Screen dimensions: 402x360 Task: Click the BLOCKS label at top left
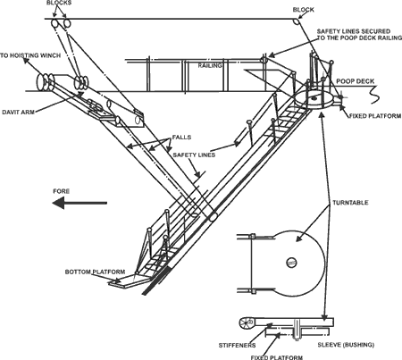[x=59, y=3]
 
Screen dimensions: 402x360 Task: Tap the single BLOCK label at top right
[x=303, y=10]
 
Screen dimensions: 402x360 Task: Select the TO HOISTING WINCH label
[x=30, y=55]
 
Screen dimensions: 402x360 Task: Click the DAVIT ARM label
[x=19, y=113]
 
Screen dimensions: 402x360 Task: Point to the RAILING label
[x=210, y=65]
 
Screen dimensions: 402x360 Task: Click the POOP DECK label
[x=356, y=81]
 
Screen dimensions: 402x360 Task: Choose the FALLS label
[x=181, y=138]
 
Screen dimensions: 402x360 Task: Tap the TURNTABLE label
[x=350, y=203]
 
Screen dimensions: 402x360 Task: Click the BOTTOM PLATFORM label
[x=95, y=272]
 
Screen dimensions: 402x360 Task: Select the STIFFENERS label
[x=237, y=345]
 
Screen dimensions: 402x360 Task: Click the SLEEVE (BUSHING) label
[x=346, y=345]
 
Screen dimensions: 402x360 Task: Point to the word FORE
[x=62, y=191]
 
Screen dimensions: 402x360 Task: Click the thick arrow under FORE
[x=80, y=204]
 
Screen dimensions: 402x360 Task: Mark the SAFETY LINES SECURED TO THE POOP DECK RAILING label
[x=359, y=35]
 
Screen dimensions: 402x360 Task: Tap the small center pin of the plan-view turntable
[x=291, y=263]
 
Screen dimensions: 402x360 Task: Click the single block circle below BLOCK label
[x=296, y=22]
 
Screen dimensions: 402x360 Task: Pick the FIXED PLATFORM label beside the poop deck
[x=375, y=116]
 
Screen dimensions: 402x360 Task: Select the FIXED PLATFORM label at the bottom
[x=277, y=357]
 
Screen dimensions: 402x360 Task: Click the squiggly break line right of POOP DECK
[x=373, y=95]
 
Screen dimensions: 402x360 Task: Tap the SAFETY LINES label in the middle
[x=194, y=155]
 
